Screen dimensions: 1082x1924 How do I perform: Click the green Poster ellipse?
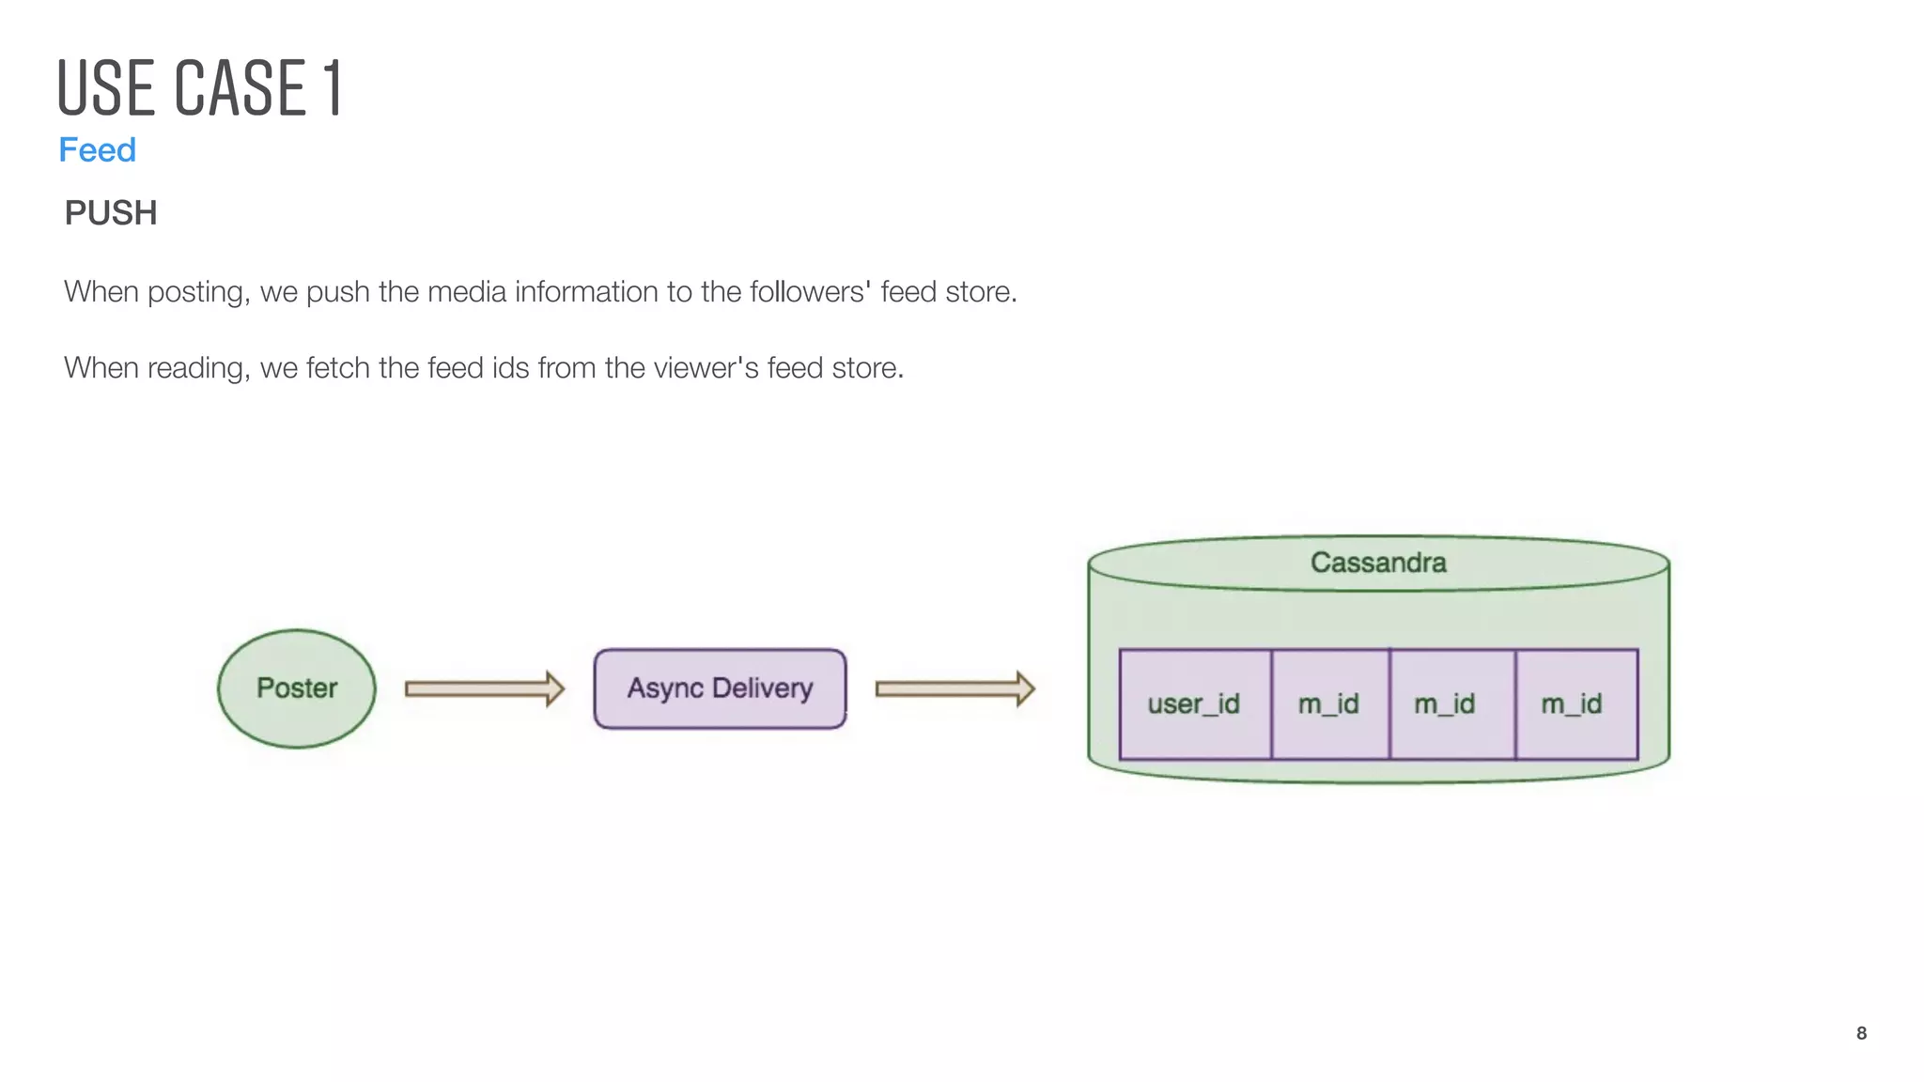point(296,688)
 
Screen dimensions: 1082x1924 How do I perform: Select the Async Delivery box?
point(720,688)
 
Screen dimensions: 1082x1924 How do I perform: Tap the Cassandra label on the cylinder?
point(1378,563)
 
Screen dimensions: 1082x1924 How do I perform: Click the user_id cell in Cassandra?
point(1194,703)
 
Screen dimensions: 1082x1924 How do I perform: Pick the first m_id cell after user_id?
point(1328,703)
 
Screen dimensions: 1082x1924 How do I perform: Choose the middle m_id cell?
point(1445,703)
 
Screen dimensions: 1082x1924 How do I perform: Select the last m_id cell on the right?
point(1572,703)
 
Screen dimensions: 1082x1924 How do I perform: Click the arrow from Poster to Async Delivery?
point(484,688)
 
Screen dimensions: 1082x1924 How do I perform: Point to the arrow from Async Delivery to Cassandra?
point(954,688)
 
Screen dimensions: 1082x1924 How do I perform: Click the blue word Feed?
point(97,150)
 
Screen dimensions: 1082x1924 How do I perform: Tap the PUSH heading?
point(111,213)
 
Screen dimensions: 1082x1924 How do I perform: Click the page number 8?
point(1861,1033)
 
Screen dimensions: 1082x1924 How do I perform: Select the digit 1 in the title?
point(333,88)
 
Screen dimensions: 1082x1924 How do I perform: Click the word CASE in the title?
point(240,88)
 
